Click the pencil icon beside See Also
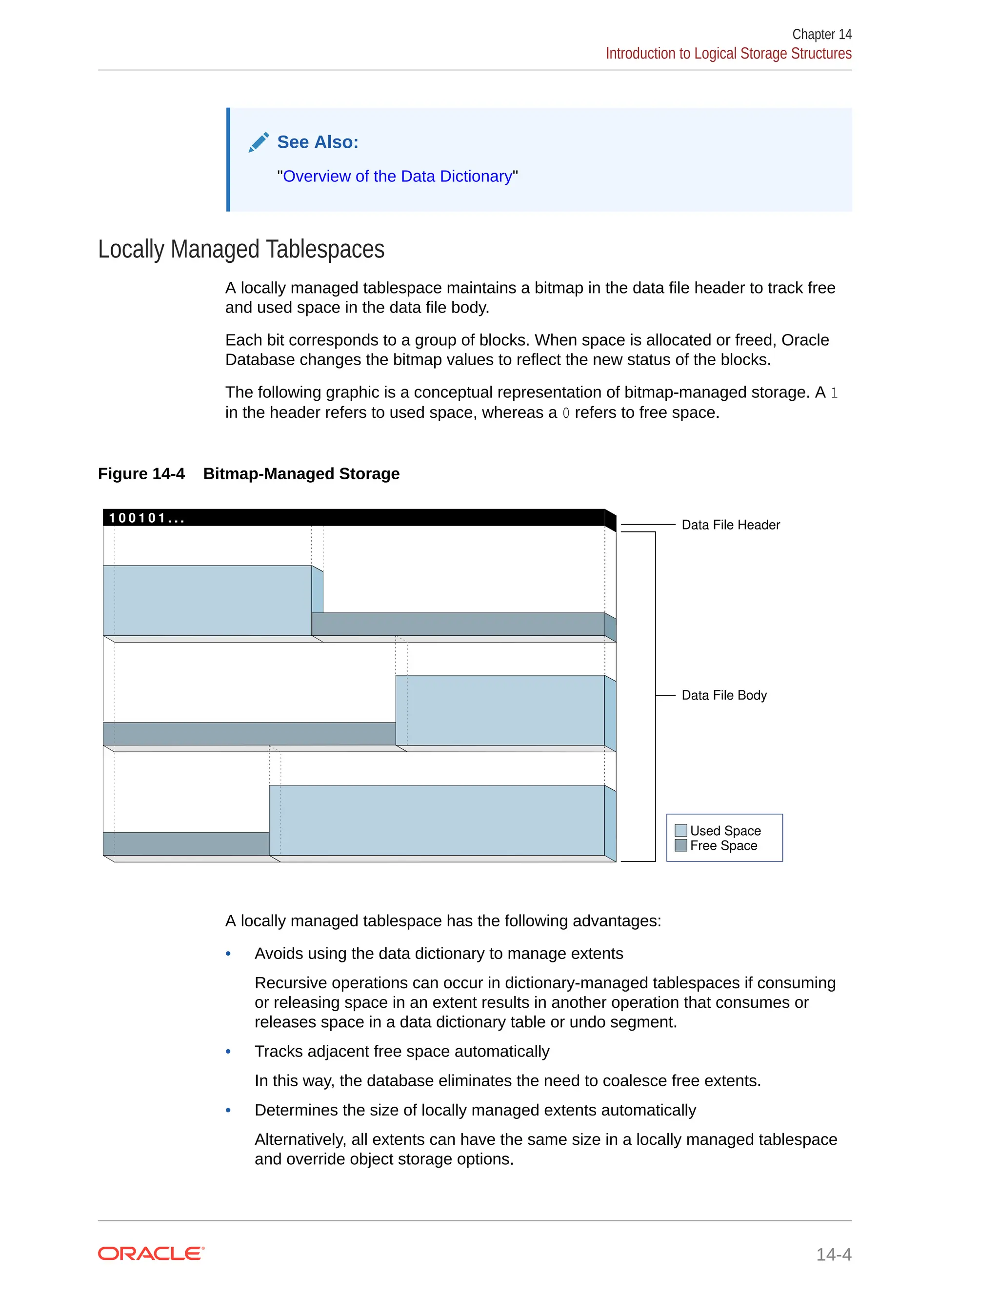pos(259,142)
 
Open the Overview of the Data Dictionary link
pos(397,176)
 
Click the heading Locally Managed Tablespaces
pos(241,249)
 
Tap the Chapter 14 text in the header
pos(821,34)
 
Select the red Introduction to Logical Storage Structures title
pos(728,54)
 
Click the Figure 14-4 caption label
pos(141,474)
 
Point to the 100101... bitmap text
pos(146,518)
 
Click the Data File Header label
pos(730,525)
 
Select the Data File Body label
pos(724,695)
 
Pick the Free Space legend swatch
pos(680,845)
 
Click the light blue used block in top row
pos(207,601)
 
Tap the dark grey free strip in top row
pos(458,624)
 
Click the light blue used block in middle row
pos(500,710)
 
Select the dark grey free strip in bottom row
pos(186,843)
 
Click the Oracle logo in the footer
pos(151,1253)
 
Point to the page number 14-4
pos(833,1254)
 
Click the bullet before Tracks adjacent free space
pos(228,1052)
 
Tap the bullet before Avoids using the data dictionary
pos(228,954)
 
